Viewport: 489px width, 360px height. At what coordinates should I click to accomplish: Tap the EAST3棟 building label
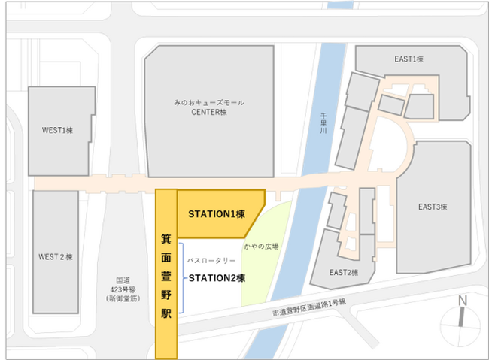coord(433,207)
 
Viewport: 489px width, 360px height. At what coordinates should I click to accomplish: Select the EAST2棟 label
coord(345,272)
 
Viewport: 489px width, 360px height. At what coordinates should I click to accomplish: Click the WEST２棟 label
coord(55,256)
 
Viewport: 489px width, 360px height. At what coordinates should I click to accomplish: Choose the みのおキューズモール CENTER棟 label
coord(208,107)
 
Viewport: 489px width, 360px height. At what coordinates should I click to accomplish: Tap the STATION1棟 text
coord(217,214)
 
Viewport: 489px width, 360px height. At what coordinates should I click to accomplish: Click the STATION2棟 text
coord(216,277)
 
